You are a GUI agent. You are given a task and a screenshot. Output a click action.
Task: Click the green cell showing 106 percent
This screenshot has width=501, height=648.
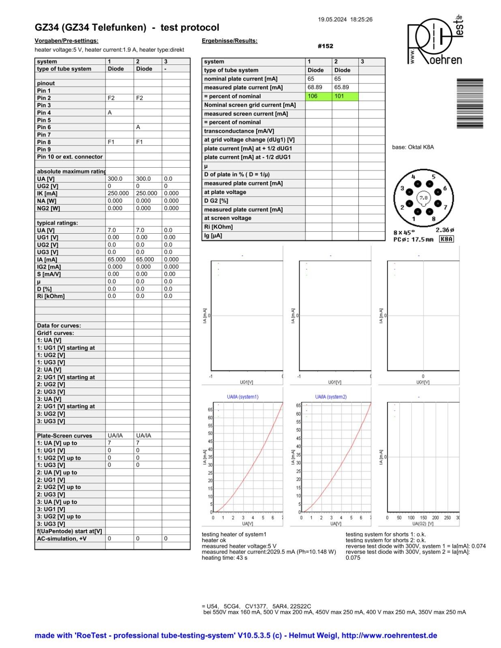click(x=318, y=96)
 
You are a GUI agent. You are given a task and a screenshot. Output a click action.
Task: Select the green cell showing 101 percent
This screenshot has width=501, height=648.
click(x=345, y=96)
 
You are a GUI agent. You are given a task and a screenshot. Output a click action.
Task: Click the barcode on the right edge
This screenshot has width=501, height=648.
click(x=470, y=103)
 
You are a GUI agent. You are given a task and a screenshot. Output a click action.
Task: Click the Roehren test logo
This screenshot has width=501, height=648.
click(x=435, y=40)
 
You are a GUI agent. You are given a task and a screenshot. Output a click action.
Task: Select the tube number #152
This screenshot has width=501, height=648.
click(x=325, y=46)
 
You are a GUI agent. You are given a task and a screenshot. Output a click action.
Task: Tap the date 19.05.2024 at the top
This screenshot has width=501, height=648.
click(x=332, y=19)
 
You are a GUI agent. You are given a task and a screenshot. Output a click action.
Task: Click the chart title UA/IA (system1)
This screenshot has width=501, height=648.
click(x=242, y=397)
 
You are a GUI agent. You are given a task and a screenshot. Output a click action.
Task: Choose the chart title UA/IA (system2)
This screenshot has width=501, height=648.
click(x=331, y=397)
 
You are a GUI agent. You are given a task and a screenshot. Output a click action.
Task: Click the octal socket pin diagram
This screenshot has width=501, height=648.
click(x=424, y=198)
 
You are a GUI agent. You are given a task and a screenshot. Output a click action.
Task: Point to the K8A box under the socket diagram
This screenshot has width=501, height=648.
click(x=446, y=239)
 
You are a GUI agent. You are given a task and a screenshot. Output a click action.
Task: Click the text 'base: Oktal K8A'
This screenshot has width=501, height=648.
click(x=413, y=147)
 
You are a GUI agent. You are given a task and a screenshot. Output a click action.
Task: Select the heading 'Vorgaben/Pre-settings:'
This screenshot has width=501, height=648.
click(x=66, y=41)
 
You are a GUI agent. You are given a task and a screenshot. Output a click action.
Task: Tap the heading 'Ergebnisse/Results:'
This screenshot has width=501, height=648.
click(x=229, y=41)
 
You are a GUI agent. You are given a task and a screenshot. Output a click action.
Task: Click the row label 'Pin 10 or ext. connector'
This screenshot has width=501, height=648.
click(x=70, y=157)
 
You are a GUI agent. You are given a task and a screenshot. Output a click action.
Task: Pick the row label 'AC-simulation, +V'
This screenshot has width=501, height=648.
click(x=62, y=539)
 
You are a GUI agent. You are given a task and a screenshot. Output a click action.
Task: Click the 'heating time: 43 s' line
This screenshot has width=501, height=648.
click(x=225, y=558)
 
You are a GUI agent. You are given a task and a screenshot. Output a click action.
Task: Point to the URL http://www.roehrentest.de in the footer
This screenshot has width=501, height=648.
click(x=389, y=635)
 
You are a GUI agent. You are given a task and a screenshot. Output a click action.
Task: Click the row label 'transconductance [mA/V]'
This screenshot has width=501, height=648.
click(x=239, y=131)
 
